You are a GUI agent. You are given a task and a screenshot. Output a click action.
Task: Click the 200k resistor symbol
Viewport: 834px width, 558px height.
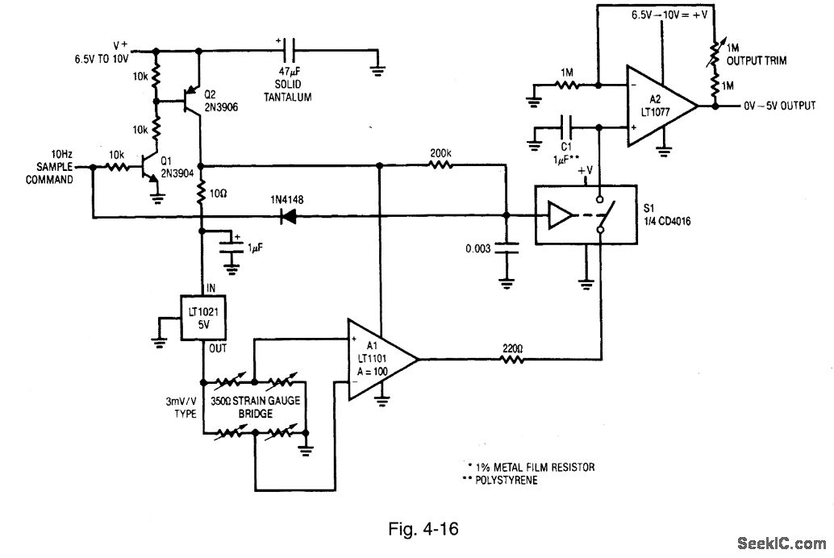pyautogui.click(x=440, y=165)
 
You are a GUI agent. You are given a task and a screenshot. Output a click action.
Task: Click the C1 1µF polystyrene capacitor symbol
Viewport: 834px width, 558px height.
pyautogui.click(x=568, y=127)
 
